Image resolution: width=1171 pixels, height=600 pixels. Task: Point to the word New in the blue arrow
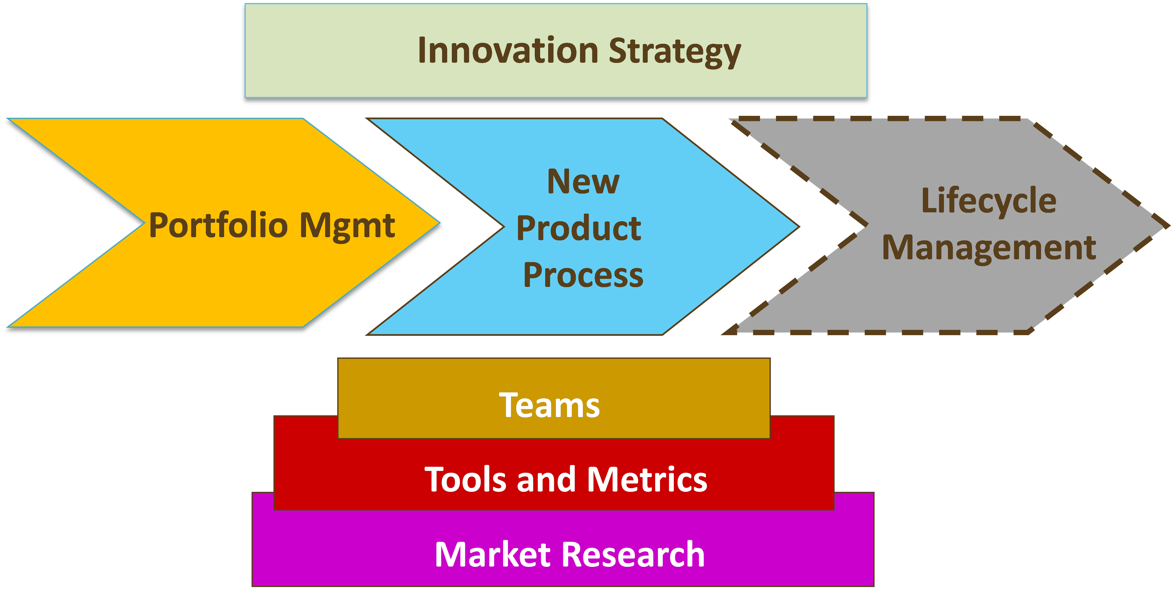[583, 182]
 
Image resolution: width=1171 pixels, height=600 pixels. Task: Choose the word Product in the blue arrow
[579, 228]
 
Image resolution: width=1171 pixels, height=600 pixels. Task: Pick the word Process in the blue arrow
[583, 275]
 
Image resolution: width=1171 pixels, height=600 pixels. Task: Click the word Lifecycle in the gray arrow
[989, 201]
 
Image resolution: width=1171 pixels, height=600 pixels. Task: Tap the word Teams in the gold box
[549, 405]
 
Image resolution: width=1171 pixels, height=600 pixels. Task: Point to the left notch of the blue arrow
[504, 226]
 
